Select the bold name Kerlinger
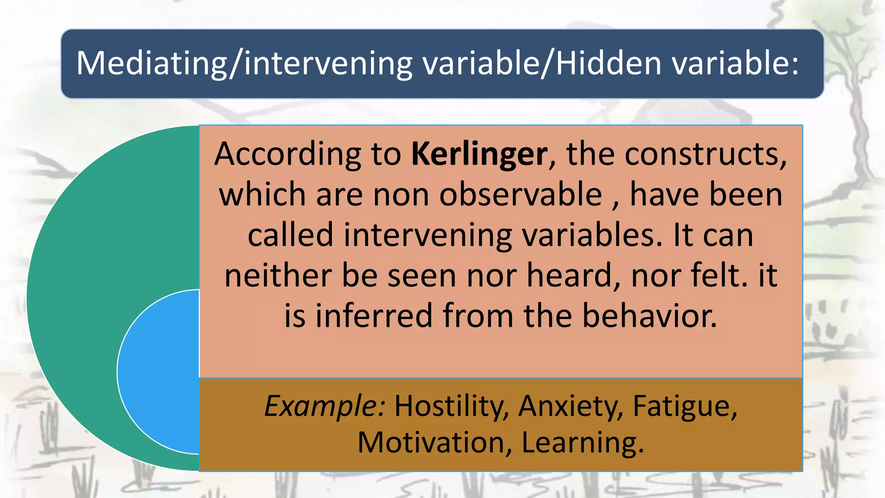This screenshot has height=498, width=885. tap(479, 154)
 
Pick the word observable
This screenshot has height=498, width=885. tap(520, 195)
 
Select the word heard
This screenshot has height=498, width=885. tap(573, 275)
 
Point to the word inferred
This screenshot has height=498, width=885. tap(374, 316)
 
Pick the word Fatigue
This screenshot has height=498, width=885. tap(684, 406)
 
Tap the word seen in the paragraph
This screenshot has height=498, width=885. tap(421, 275)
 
